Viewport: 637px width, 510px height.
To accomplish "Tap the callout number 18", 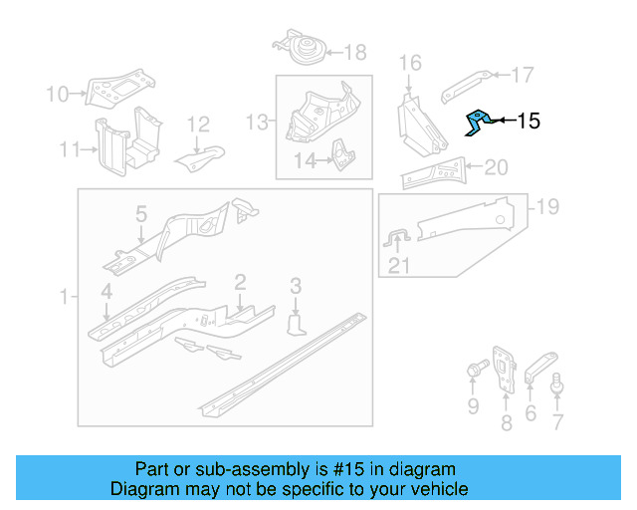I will click(x=354, y=53).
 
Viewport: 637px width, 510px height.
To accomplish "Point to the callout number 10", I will click(x=57, y=95).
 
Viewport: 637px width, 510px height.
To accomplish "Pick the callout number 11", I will click(x=69, y=150).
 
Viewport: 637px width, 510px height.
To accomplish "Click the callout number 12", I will click(x=198, y=125).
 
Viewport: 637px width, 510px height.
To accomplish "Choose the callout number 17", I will click(x=523, y=74).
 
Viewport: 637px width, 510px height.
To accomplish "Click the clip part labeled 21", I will click(x=397, y=240).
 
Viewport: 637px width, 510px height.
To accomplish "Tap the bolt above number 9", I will click(x=472, y=374).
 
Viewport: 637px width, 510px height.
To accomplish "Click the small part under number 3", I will click(x=296, y=326).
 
